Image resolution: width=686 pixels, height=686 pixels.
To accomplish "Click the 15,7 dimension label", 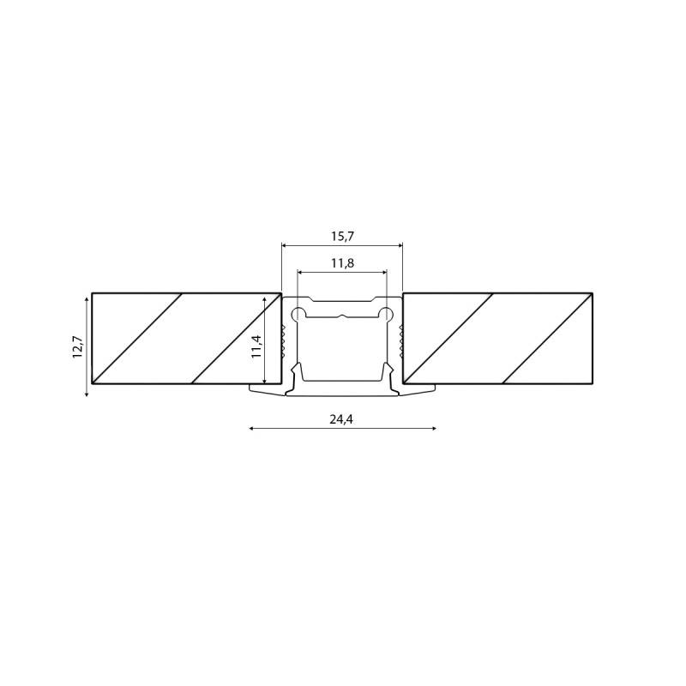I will pos(342,236).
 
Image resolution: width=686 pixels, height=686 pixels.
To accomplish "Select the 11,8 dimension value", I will pos(342,263).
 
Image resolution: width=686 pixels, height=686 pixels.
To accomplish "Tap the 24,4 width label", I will pos(341,419).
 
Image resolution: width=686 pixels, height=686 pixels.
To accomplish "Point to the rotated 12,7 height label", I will pos(78,346).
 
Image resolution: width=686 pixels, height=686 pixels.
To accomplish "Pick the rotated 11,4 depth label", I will pos(256,346).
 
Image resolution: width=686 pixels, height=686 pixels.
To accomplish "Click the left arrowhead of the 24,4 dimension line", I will pos(251,427).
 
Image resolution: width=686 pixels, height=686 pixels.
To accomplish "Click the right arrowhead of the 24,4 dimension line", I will pos(434,427).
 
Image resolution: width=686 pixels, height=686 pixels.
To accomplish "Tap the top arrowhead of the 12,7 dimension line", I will pos(87,298).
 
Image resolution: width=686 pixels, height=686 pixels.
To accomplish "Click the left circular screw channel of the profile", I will pos(298,315).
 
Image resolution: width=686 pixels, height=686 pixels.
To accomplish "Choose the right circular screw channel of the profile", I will pos(387,315).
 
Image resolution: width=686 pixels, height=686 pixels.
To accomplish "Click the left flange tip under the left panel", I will pos(252,389).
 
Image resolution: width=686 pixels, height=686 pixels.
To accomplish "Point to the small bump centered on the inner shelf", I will pos(342,316).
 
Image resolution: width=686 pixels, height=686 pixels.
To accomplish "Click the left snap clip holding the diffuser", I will pos(297,372).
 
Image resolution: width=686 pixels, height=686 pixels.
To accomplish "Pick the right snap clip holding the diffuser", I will pos(388,372).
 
